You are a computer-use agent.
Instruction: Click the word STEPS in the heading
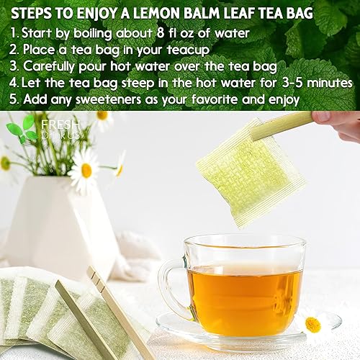(34, 12)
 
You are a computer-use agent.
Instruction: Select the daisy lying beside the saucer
(313, 324)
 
